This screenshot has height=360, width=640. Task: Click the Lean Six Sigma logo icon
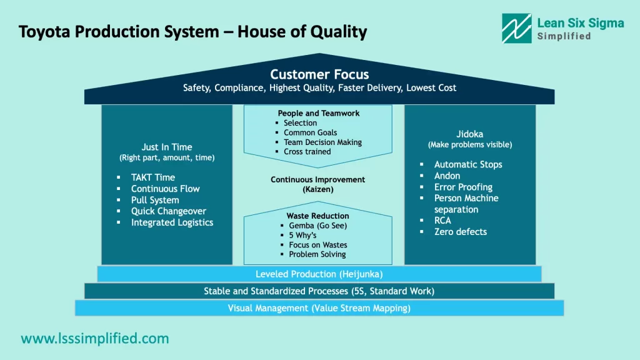[517, 29]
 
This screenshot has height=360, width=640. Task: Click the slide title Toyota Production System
[192, 31]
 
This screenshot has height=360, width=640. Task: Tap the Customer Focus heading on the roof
[319, 75]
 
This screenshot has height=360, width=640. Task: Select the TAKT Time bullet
[152, 177]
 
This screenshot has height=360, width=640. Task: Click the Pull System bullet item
[154, 200]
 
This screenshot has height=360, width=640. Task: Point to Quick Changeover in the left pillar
[168, 211]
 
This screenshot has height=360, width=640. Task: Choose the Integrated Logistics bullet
[172, 222]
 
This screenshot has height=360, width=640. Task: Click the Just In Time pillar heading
[166, 147]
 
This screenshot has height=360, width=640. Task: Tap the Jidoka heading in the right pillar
[469, 134]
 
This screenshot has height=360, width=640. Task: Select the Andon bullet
[447, 176]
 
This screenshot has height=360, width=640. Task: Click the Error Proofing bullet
[463, 187]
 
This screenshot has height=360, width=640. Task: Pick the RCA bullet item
[442, 220]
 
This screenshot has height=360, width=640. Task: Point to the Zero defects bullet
[460, 231]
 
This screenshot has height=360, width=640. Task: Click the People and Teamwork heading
[319, 113]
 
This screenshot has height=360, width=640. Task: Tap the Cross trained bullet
[307, 151]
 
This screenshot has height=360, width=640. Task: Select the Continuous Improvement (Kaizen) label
[317, 184]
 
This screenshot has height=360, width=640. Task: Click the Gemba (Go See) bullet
[317, 226]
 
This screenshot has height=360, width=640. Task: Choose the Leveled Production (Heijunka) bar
[319, 274]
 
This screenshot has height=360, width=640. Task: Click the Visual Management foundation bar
[319, 308]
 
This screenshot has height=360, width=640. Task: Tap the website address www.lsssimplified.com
[95, 339]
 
